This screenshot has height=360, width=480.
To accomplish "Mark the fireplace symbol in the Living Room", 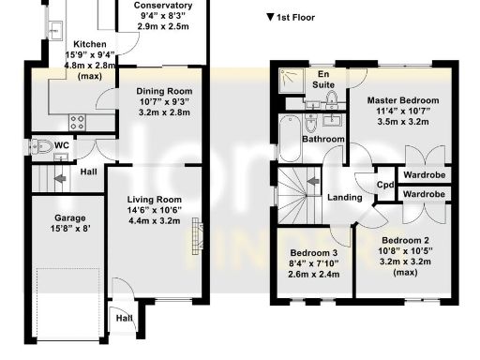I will tap(196, 234).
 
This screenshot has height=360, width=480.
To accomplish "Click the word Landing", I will tap(346, 197).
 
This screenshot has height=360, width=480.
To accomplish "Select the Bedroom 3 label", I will tap(313, 254).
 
